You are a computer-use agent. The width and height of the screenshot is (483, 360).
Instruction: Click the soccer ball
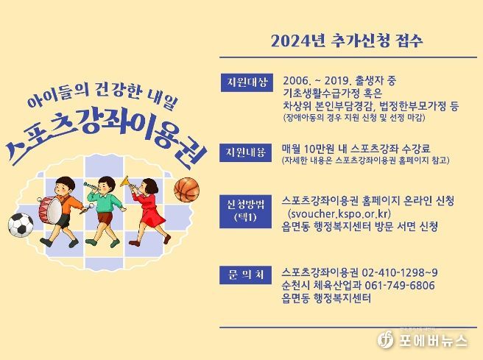pos(21,225)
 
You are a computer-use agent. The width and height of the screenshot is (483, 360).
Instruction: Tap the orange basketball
pos(187,190)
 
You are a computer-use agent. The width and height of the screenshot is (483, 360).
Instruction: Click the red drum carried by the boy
pos(50,211)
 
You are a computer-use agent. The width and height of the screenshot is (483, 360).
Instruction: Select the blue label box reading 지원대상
pos(247,82)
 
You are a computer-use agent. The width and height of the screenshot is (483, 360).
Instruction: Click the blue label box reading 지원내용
pos(245,152)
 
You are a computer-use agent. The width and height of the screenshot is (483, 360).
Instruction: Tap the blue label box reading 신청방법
pos(245,211)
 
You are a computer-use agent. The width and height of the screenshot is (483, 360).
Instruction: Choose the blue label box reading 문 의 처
pos(245,275)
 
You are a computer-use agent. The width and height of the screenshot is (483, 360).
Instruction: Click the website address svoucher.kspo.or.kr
pos(339,213)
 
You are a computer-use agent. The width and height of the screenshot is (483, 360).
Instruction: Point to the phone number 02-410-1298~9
pos(400,272)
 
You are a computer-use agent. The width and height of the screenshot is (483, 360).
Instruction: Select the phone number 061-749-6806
pos(400,286)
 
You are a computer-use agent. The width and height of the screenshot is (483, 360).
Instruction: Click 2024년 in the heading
pos(298,41)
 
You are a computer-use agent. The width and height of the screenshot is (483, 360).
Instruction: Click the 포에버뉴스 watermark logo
pos(423,340)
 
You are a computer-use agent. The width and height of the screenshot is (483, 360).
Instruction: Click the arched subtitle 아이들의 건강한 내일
pos(102,95)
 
